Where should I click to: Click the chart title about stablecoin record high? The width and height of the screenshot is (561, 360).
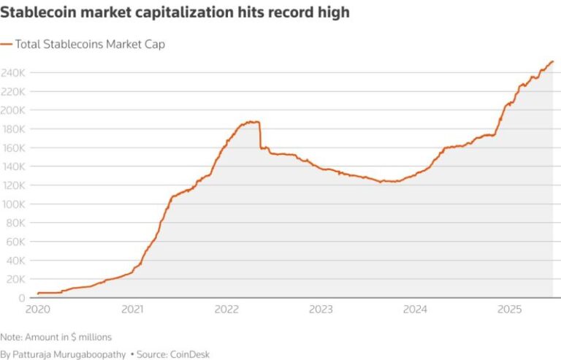pyautogui.click(x=175, y=12)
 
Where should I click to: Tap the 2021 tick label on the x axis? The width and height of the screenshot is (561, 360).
pyautogui.click(x=132, y=310)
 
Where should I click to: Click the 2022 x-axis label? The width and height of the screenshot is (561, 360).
pyautogui.click(x=226, y=310)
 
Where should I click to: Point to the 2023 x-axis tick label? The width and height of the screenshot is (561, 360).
pyautogui.click(x=321, y=310)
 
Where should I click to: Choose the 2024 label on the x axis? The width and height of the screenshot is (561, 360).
pyautogui.click(x=415, y=310)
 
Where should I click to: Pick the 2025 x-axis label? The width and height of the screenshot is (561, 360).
pyautogui.click(x=509, y=310)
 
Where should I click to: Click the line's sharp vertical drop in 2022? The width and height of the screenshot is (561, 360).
pyautogui.click(x=260, y=135)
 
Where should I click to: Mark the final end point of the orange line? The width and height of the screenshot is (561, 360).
pyautogui.click(x=553, y=61)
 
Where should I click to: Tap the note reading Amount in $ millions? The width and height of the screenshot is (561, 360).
pyautogui.click(x=56, y=337)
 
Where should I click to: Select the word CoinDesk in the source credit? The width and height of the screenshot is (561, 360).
pyautogui.click(x=188, y=354)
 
